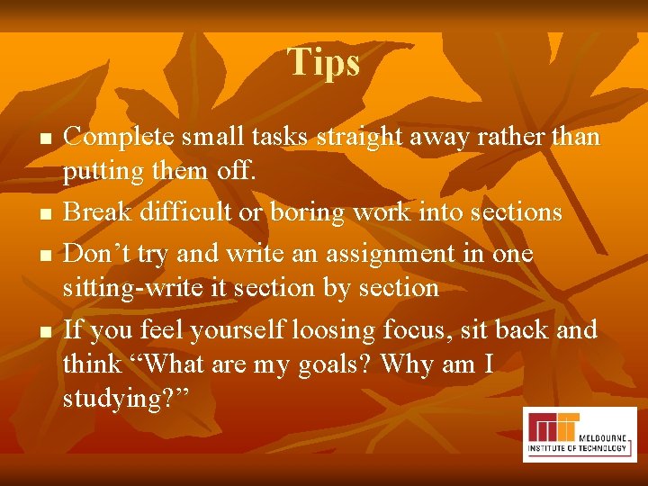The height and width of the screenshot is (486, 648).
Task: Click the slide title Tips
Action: (324, 62)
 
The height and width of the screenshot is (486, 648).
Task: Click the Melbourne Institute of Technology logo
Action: (579, 434)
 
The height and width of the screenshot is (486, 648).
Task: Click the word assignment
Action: (367, 254)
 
